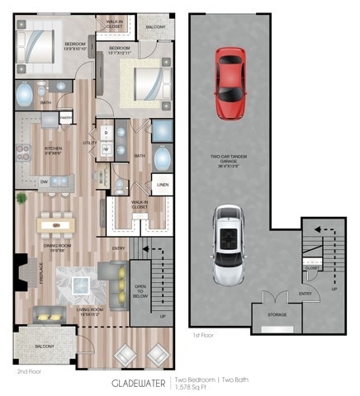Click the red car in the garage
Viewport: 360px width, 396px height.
[x=230, y=82]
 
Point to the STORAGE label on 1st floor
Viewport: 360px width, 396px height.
[x=277, y=314]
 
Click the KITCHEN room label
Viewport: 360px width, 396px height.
[x=54, y=151]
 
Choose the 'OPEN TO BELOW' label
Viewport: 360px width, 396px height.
[x=140, y=290]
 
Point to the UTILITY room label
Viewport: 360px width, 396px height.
[x=90, y=143]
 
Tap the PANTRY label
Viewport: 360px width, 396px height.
[x=65, y=119]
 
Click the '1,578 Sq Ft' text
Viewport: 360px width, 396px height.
[x=191, y=388]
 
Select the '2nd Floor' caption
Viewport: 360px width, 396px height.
[x=29, y=372]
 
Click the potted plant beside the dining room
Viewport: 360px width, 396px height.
[x=21, y=199]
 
